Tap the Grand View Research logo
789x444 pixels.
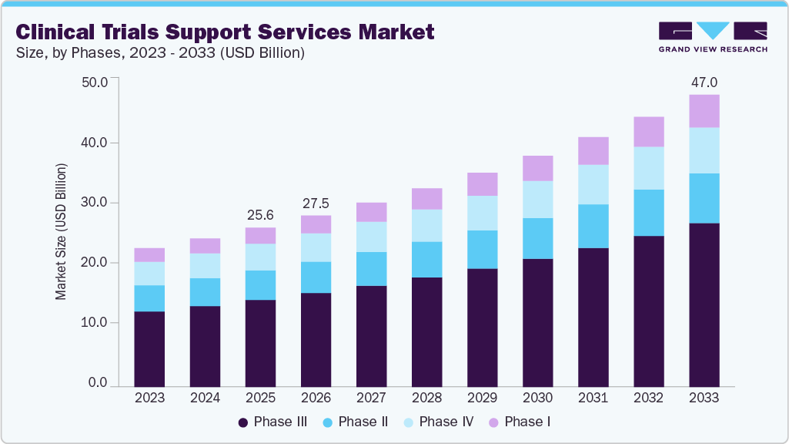click(712, 37)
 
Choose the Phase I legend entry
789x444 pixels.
click(520, 422)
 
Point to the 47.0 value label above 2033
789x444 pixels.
click(704, 82)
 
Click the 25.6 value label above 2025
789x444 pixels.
click(260, 214)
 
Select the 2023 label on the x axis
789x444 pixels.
click(149, 399)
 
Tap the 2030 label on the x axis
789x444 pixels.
click(537, 399)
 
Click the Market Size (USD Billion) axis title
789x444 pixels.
click(61, 231)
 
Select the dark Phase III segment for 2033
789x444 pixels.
click(704, 304)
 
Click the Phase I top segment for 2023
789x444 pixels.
click(149, 255)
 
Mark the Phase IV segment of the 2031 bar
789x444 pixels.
click(593, 184)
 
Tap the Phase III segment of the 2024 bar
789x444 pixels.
click(205, 346)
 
